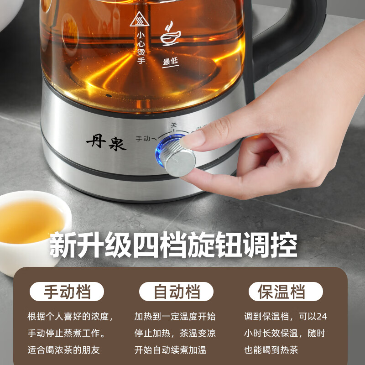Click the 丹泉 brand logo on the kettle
(106, 143)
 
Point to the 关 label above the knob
(173, 125)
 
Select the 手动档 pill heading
(67, 292)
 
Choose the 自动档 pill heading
(176, 292)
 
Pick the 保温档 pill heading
(286, 292)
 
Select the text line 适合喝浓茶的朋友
(63, 350)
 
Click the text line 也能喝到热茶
(271, 350)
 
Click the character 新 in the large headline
(63, 245)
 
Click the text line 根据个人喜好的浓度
(70, 316)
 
